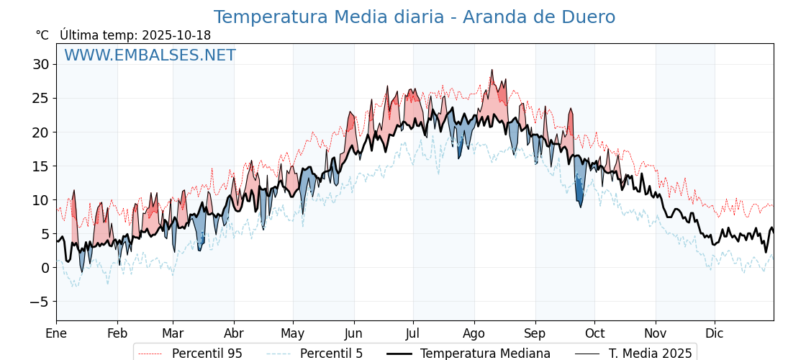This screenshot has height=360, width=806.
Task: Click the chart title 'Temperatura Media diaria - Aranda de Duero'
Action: [x=414, y=17]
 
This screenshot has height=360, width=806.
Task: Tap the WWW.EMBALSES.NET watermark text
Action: [x=150, y=55]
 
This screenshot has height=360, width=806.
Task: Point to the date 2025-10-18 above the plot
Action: [x=176, y=35]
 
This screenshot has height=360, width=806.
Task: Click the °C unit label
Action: [x=42, y=35]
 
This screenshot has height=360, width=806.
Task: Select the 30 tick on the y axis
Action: [x=40, y=64]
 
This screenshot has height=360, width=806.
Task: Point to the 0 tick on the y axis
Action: [x=45, y=268]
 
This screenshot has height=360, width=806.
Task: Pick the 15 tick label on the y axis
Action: [x=40, y=166]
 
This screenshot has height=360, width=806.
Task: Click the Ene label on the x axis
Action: [x=56, y=333]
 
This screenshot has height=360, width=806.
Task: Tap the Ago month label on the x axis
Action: [x=474, y=333]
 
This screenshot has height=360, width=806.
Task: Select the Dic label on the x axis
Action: [x=715, y=333]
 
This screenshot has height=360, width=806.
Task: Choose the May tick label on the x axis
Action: [x=293, y=333]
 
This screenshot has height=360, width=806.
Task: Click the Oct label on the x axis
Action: [x=594, y=333]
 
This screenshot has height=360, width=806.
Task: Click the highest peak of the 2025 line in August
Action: [x=492, y=70]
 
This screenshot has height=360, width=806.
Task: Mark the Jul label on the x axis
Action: [x=413, y=333]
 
